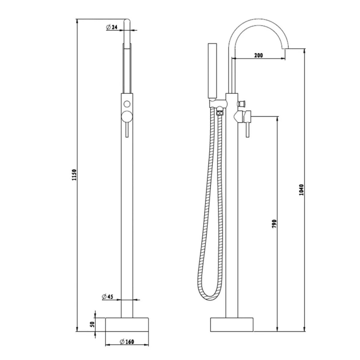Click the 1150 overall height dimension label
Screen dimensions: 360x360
tap(75, 175)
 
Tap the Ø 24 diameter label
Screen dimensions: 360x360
tap(112, 27)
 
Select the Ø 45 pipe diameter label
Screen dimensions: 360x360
tap(107, 297)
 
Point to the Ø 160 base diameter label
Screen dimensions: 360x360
tap(126, 341)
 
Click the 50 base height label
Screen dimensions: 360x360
tap(92, 324)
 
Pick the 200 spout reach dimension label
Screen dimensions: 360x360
tap(258, 55)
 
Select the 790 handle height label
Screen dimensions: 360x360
tap(274, 224)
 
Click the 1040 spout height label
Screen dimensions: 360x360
tap(301, 190)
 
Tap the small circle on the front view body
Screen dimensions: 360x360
tap(127, 104)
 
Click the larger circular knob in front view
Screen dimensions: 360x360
tap(127, 116)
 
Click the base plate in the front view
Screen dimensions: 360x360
tap(127, 325)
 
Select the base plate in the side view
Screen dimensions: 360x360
tap(232, 325)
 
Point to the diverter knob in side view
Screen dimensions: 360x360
tap(241, 104)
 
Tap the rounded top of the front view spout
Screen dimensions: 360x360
tap(127, 21)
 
